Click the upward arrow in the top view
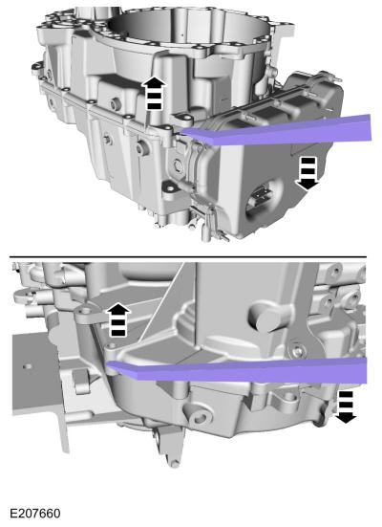point(152,95)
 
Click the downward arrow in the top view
point(308,174)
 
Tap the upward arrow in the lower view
point(117,318)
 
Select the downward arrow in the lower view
point(345,405)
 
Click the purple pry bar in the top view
point(286,128)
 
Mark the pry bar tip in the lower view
point(111,364)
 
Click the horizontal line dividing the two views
point(191,255)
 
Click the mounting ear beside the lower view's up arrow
point(89,315)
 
